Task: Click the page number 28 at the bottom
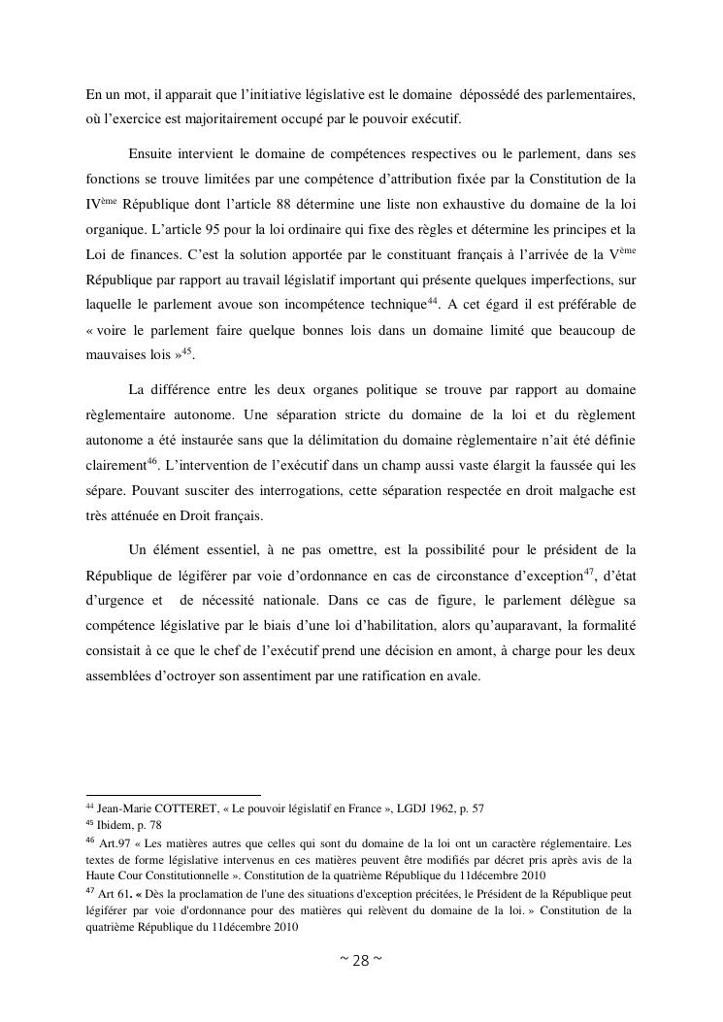tap(361, 961)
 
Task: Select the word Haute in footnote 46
tap(102, 874)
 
